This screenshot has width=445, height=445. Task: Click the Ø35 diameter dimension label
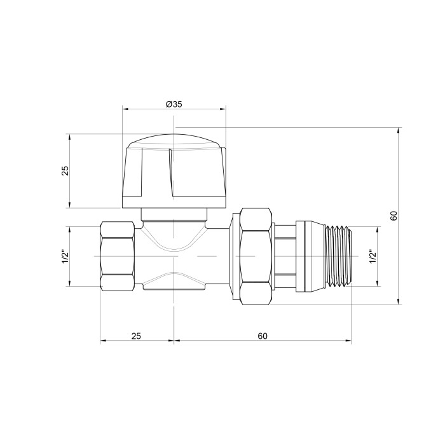point(174,104)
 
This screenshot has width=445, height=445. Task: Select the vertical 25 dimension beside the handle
point(65,170)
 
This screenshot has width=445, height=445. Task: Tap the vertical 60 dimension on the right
point(394,216)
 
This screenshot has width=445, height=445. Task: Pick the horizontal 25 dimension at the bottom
point(136,336)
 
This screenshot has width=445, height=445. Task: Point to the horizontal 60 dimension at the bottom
point(263,336)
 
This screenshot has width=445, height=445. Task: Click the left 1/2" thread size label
point(65,257)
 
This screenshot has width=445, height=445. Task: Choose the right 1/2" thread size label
point(373,257)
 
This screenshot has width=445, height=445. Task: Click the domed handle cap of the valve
point(174,171)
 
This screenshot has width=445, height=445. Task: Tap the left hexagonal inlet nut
point(117,256)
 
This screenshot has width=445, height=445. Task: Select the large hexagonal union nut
point(256,256)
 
